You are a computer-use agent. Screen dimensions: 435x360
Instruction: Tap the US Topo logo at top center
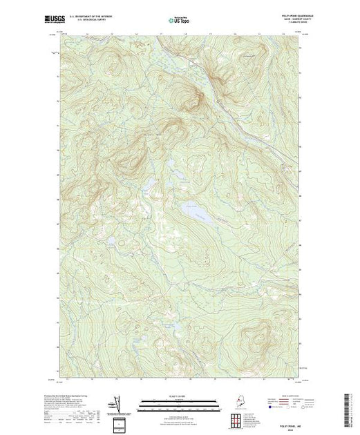point(179,14)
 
